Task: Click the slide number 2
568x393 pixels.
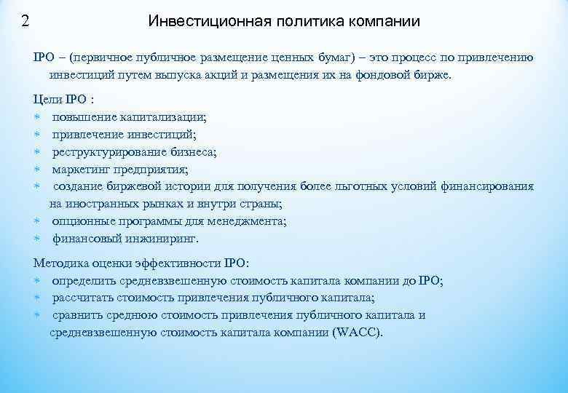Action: pyautogui.click(x=25, y=20)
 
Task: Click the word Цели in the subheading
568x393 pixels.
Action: pyautogui.click(x=47, y=100)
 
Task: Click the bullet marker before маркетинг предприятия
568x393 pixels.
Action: pyautogui.click(x=38, y=170)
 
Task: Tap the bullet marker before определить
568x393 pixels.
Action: pyautogui.click(x=38, y=281)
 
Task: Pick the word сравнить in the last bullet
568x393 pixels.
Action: pyautogui.click(x=78, y=315)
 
